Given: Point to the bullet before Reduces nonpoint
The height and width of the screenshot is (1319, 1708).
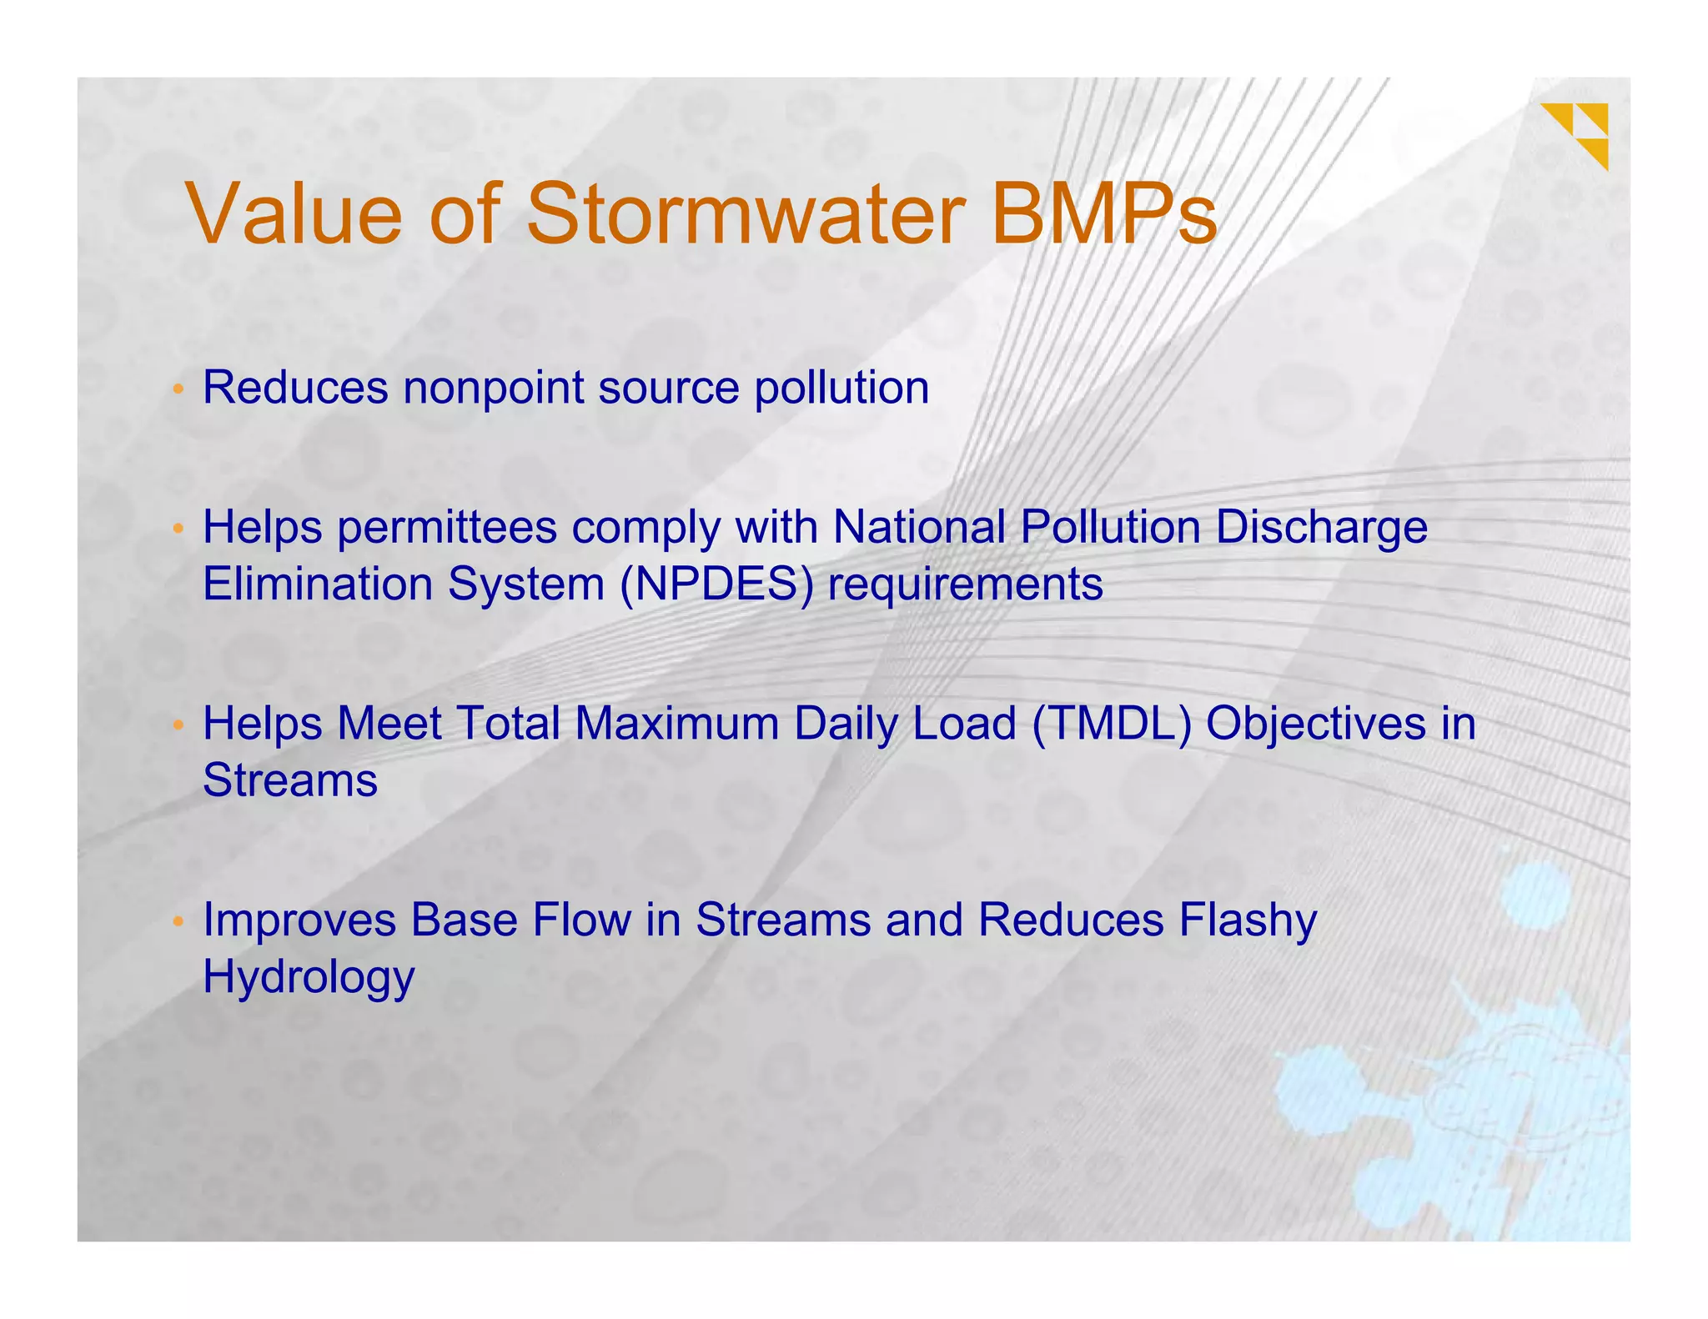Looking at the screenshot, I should pyautogui.click(x=178, y=389).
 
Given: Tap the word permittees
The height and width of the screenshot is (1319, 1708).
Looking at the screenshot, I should pyautogui.click(x=446, y=528).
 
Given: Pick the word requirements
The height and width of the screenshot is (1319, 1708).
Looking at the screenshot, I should pyautogui.click(x=965, y=584).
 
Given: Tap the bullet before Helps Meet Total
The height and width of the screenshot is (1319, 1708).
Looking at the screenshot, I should pyautogui.click(x=178, y=725).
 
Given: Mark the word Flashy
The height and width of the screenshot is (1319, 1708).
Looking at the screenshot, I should pyautogui.click(x=1248, y=920).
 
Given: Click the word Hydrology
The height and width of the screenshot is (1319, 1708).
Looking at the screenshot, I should pyautogui.click(x=309, y=977).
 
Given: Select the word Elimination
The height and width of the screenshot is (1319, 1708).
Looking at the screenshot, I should pyautogui.click(x=317, y=584).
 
